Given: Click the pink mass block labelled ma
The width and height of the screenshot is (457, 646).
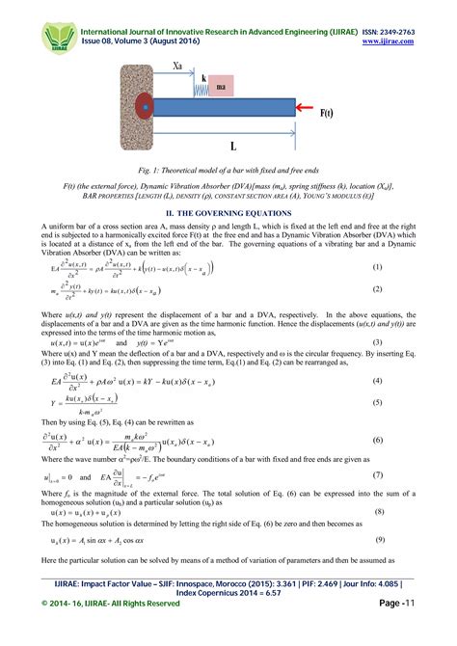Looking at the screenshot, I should [x=222, y=85].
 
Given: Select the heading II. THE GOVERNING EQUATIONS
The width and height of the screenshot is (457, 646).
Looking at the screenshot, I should [x=228, y=211].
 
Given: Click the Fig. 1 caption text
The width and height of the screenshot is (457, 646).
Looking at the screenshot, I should [x=228, y=171].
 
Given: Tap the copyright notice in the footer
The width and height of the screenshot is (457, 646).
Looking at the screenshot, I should [x=111, y=631].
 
